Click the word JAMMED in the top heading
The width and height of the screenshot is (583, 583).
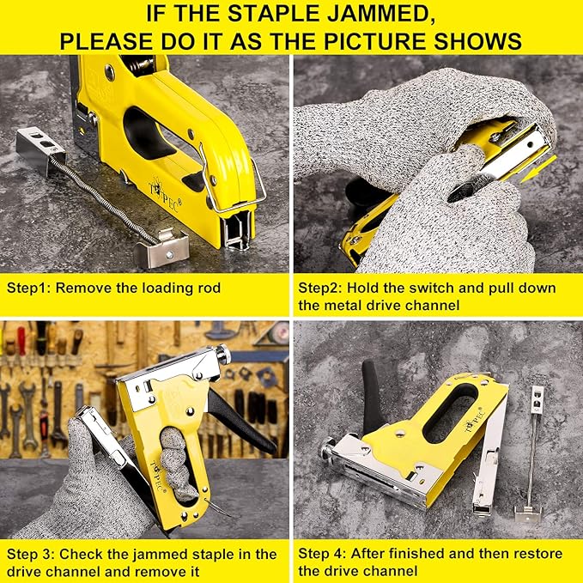pos(375,14)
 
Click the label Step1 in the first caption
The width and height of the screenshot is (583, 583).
pos(29,288)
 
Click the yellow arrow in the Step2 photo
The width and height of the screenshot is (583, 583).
pos(538,169)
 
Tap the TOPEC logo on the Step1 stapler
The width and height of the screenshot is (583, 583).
pos(165,196)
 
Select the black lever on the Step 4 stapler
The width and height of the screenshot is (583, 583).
pos(373,397)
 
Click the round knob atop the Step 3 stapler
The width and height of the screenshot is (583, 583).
pos(222,354)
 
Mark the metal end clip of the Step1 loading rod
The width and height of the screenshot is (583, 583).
pos(162,248)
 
